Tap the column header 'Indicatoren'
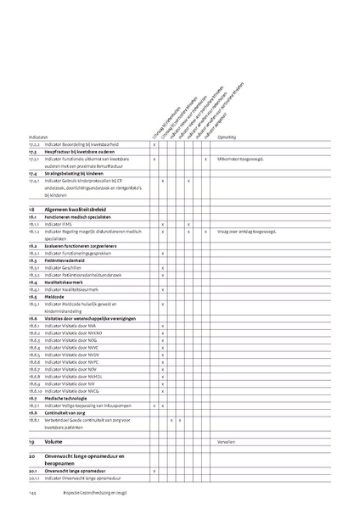tap(38, 136)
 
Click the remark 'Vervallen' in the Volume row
tap(228, 442)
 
